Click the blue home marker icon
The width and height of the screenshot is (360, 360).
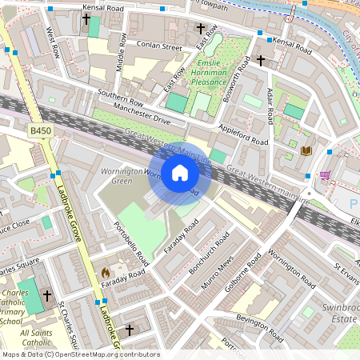180,173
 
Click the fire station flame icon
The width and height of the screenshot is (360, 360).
105,272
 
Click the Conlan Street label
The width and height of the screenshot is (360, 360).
159,46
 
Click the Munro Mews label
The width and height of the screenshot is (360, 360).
218,278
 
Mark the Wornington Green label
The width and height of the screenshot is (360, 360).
115,177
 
